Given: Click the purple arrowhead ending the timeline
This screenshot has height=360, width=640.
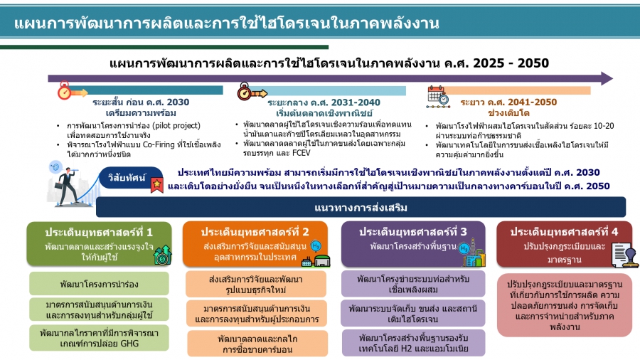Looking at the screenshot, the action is [x=607, y=78].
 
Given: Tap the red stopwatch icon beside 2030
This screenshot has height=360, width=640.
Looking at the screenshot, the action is [x=64, y=91].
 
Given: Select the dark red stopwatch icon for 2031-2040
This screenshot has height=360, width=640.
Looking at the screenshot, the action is [x=244, y=92].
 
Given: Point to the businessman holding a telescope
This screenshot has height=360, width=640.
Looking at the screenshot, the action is [x=68, y=186].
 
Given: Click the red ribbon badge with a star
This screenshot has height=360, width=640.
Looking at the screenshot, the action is [x=156, y=185].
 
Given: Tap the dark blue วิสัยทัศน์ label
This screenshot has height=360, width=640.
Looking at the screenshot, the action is [x=127, y=178].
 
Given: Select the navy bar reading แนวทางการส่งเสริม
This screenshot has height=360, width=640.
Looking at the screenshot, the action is [x=361, y=207].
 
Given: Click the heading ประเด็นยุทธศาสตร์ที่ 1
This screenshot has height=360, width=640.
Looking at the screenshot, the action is [x=99, y=232].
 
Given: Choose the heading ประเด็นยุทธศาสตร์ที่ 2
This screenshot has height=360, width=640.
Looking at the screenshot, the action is [x=255, y=232].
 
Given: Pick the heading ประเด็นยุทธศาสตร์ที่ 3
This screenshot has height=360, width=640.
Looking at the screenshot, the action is [x=412, y=232].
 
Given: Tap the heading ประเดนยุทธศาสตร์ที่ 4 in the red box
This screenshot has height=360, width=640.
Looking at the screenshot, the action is [x=564, y=232].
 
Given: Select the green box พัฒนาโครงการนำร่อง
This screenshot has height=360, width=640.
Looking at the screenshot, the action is [x=99, y=284].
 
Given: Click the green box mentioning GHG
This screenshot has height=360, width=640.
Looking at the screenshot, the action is [x=99, y=338].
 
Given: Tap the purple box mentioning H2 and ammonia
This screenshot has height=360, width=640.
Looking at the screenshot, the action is [x=413, y=343].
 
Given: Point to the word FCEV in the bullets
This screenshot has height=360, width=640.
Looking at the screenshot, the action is [x=302, y=153].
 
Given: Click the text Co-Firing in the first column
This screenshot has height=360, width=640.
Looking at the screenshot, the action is [x=159, y=144].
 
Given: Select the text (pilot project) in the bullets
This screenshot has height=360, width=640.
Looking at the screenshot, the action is [x=176, y=126].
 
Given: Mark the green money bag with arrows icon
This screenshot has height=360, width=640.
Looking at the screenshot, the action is [x=162, y=255].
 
